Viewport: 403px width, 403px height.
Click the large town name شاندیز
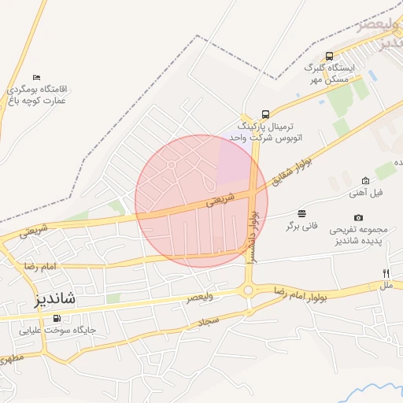coord(44,299)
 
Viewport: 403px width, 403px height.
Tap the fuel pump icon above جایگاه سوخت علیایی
coord(56,318)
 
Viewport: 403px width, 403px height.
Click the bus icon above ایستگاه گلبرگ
coord(329,56)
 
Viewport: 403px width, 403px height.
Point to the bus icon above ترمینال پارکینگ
coord(265,113)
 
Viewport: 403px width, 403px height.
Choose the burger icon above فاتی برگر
coord(302,213)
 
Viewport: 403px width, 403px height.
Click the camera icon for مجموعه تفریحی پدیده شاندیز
coord(359,217)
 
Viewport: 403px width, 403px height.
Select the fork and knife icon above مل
coord(386,272)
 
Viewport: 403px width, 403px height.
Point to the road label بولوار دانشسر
coord(253,234)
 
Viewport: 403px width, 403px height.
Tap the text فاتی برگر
coord(302,226)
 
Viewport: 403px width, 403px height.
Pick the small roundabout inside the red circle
coord(172,165)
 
